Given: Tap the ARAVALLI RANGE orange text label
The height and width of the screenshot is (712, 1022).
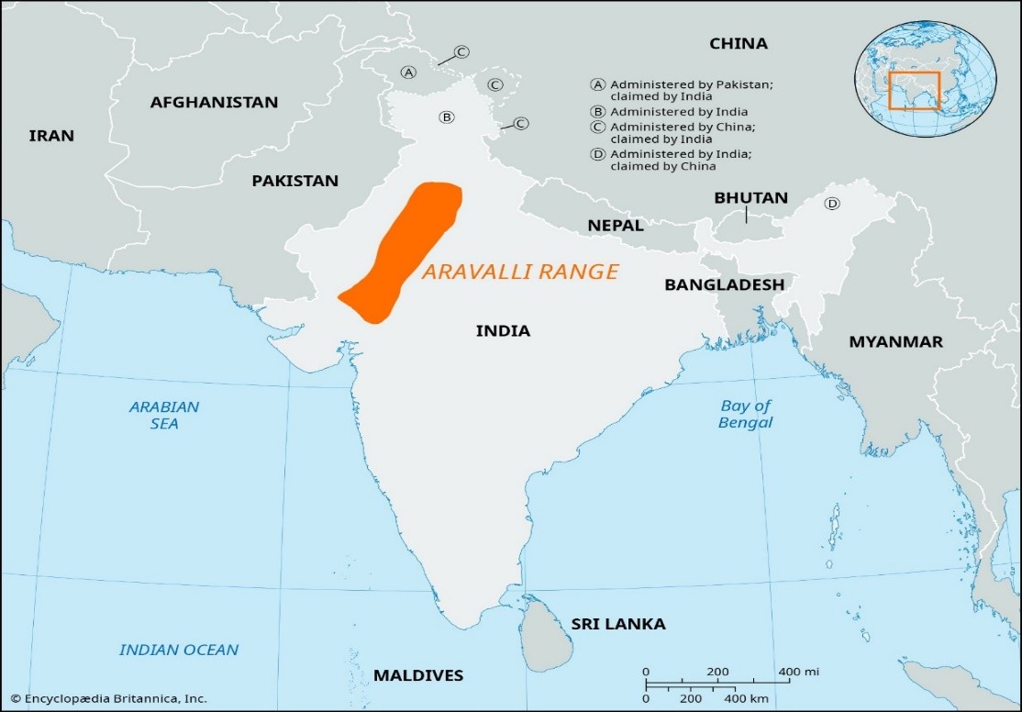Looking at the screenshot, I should click(x=520, y=272).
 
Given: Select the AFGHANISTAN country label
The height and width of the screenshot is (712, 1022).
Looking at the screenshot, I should click(x=214, y=102).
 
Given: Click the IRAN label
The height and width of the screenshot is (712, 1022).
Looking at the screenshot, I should click(x=51, y=136).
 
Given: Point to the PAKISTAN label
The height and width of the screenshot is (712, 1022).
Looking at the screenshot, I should click(x=295, y=181).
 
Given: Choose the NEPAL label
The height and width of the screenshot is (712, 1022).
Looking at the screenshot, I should click(x=615, y=226).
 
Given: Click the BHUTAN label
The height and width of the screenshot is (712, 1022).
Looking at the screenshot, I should click(x=750, y=197).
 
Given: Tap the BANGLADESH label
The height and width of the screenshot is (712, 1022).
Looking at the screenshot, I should click(x=724, y=284).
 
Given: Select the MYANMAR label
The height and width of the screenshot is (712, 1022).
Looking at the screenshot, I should click(x=895, y=341).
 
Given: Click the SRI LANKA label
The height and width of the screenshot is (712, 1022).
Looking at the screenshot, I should click(x=618, y=624).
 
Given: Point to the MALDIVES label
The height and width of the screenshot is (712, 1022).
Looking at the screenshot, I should click(x=418, y=675).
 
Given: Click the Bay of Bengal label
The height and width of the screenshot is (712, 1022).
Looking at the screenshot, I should click(x=746, y=414).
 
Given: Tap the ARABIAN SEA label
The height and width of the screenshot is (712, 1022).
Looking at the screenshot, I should click(x=163, y=415).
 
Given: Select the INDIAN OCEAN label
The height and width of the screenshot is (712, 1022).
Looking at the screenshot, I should click(x=179, y=650).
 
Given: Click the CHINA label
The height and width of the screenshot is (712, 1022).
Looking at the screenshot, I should click(x=739, y=43).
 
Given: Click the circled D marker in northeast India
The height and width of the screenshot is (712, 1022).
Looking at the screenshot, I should click(x=832, y=204).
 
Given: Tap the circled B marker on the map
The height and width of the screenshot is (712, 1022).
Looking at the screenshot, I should click(x=446, y=117).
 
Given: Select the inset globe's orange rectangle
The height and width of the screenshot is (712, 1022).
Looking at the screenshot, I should click(x=913, y=91).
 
